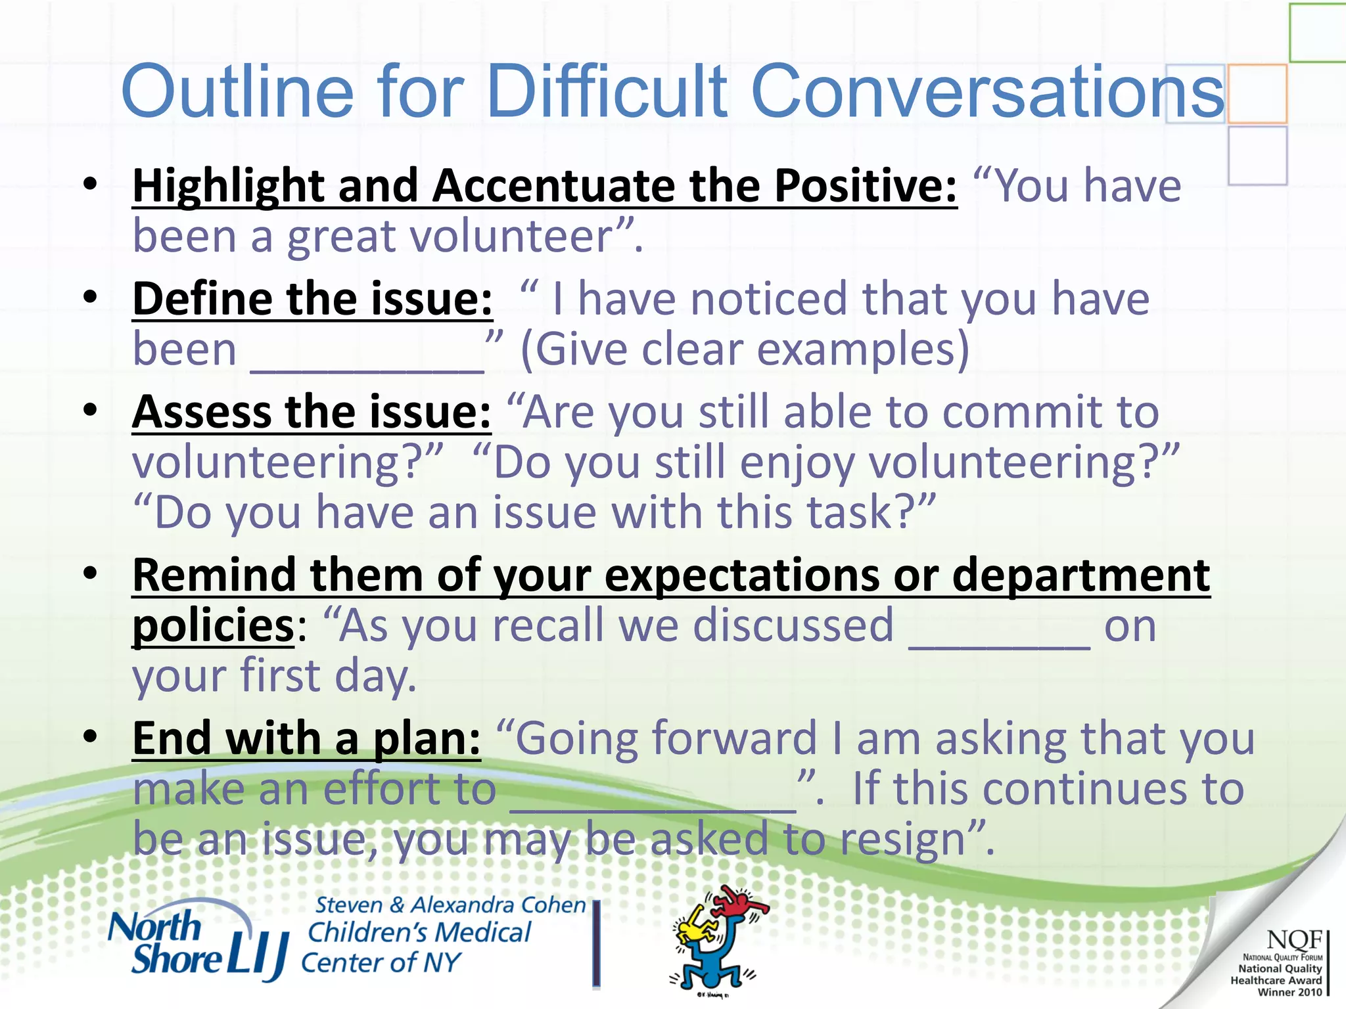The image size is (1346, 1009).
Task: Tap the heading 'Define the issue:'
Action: pos(312,299)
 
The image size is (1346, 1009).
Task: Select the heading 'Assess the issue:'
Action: pos(312,413)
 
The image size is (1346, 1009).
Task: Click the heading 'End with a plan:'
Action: pos(306,738)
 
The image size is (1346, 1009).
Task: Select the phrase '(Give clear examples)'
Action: pos(745,349)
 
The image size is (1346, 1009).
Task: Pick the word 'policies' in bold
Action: pos(213,626)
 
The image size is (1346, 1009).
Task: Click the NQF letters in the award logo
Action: pos(1293,939)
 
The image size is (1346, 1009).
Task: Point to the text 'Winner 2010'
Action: pos(1289,992)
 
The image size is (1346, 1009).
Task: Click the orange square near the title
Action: pos(1257,93)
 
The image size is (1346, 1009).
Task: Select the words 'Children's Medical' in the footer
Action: pos(419,933)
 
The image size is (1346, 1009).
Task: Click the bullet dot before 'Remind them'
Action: pos(91,574)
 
